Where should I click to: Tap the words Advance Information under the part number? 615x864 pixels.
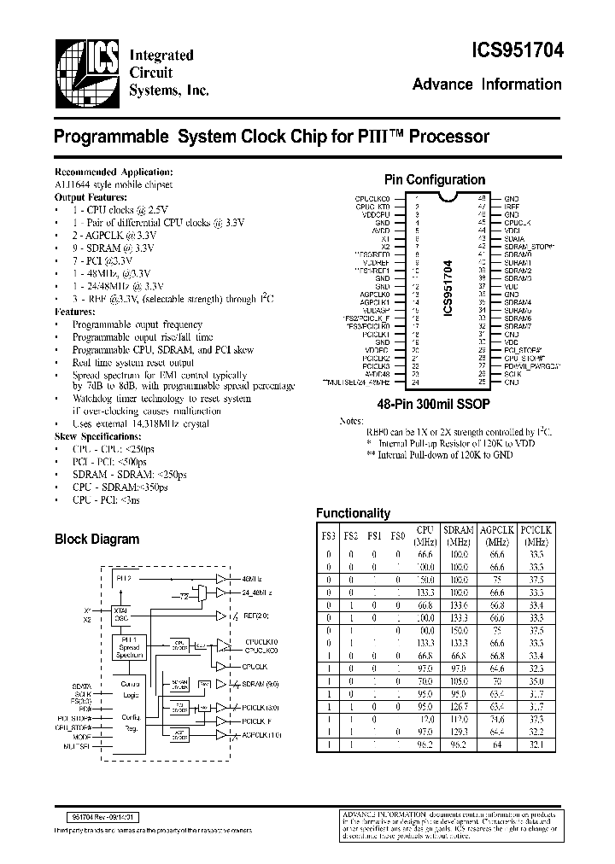pos(487,85)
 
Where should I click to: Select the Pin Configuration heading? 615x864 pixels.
pos(435,180)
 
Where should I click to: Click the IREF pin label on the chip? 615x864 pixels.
pos(511,207)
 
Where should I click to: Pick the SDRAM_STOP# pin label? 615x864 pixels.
pos(529,246)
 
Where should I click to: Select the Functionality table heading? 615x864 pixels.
pos(353,513)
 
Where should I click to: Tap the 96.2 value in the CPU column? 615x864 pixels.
pos(424,745)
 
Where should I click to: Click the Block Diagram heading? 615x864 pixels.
pos(97,540)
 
